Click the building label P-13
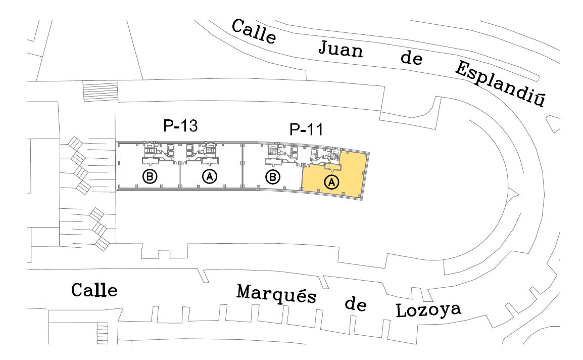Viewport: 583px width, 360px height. pos(180,127)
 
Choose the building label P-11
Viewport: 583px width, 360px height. pos(306,129)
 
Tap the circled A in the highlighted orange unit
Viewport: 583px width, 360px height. pos(331,182)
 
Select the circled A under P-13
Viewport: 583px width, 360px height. pos(210,176)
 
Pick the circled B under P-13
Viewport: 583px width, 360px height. pos(150,176)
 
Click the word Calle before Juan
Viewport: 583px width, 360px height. pos(254,31)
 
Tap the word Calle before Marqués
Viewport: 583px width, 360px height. pos(94,290)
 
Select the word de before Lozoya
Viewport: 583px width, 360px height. pos(355,305)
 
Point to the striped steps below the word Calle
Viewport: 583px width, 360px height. pos(103,334)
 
